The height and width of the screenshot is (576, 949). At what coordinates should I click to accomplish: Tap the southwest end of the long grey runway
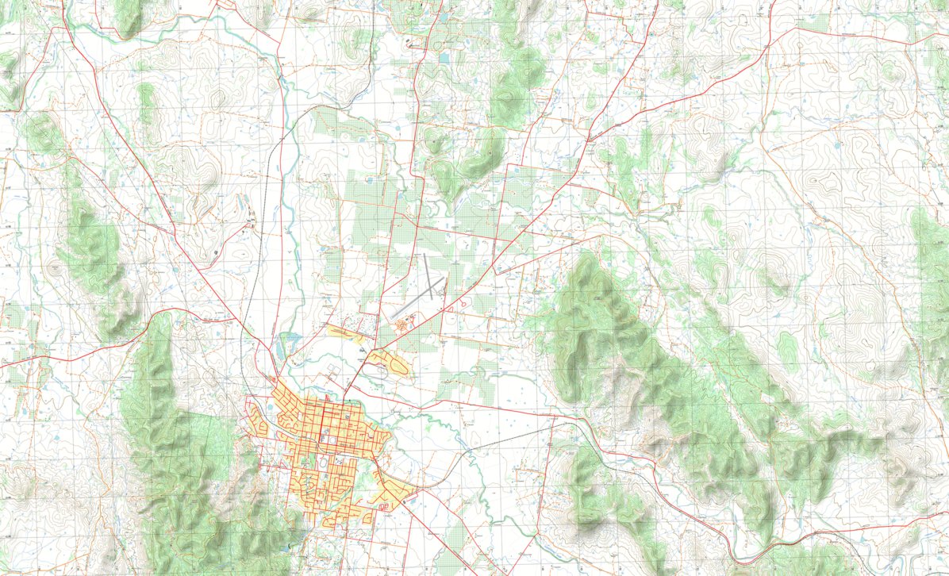pos(392,318)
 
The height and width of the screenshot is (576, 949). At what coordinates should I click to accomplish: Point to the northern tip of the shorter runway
pos(425,255)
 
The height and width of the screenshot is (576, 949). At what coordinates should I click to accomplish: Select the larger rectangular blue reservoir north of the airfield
pos(442,58)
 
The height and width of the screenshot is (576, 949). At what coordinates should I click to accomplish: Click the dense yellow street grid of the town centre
pos(325,428)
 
